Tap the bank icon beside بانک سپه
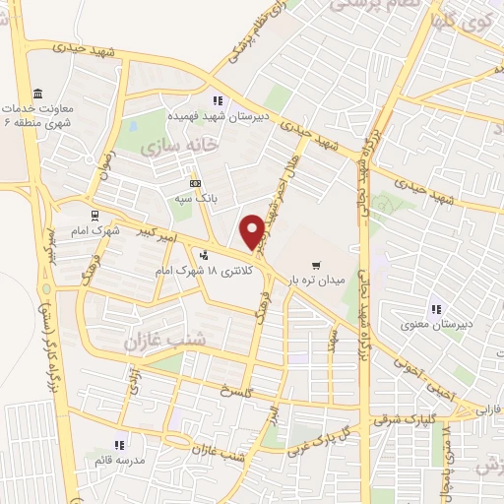click(x=194, y=183)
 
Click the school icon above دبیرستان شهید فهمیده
click(x=217, y=99)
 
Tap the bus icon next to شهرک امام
click(x=94, y=216)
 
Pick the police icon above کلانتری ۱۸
click(x=204, y=255)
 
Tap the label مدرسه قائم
click(x=120, y=460)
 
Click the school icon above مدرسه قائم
click(x=120, y=445)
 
